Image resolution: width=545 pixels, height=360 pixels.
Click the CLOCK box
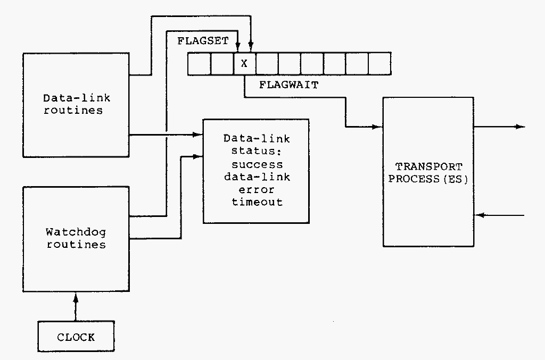[x=76, y=337]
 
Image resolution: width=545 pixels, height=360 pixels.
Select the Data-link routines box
[x=76, y=104]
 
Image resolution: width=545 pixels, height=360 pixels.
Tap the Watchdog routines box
[x=76, y=238]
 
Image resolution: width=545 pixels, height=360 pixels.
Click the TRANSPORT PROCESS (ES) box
[x=428, y=172]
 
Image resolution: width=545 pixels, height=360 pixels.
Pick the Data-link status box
[x=256, y=171]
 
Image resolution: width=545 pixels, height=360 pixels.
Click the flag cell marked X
[x=244, y=64]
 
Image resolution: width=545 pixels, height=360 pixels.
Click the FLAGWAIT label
[x=288, y=85]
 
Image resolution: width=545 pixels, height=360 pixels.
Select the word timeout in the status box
[x=257, y=202]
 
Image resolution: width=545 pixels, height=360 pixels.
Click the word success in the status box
[x=257, y=164]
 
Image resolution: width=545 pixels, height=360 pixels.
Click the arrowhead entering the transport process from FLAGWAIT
[x=378, y=127]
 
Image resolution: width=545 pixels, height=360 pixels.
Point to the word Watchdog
[x=76, y=232]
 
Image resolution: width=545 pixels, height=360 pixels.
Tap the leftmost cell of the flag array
[x=199, y=64]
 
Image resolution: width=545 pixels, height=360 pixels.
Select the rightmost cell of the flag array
[x=380, y=64]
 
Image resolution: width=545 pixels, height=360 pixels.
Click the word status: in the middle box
[x=257, y=152]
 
